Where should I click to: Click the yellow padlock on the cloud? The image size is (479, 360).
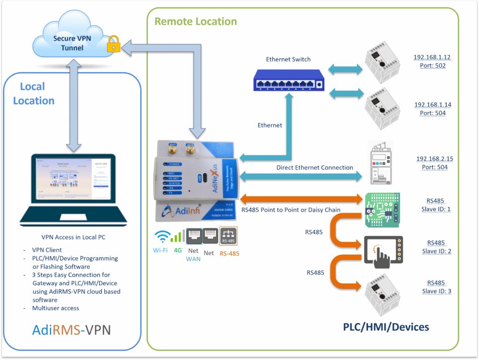click(x=113, y=45)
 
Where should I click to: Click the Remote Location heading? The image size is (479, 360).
click(x=196, y=22)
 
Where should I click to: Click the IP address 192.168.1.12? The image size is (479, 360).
click(x=432, y=58)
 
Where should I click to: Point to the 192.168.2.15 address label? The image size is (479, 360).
click(x=435, y=159)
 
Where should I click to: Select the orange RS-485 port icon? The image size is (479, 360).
click(x=228, y=236)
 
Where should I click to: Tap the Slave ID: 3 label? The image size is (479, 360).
click(x=435, y=291)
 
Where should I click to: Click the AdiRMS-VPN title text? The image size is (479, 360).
click(x=72, y=330)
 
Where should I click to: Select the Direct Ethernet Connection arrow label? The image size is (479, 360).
click(x=314, y=168)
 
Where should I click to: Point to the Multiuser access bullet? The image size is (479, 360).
click(x=56, y=308)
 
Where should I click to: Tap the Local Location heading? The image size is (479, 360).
click(x=33, y=94)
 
